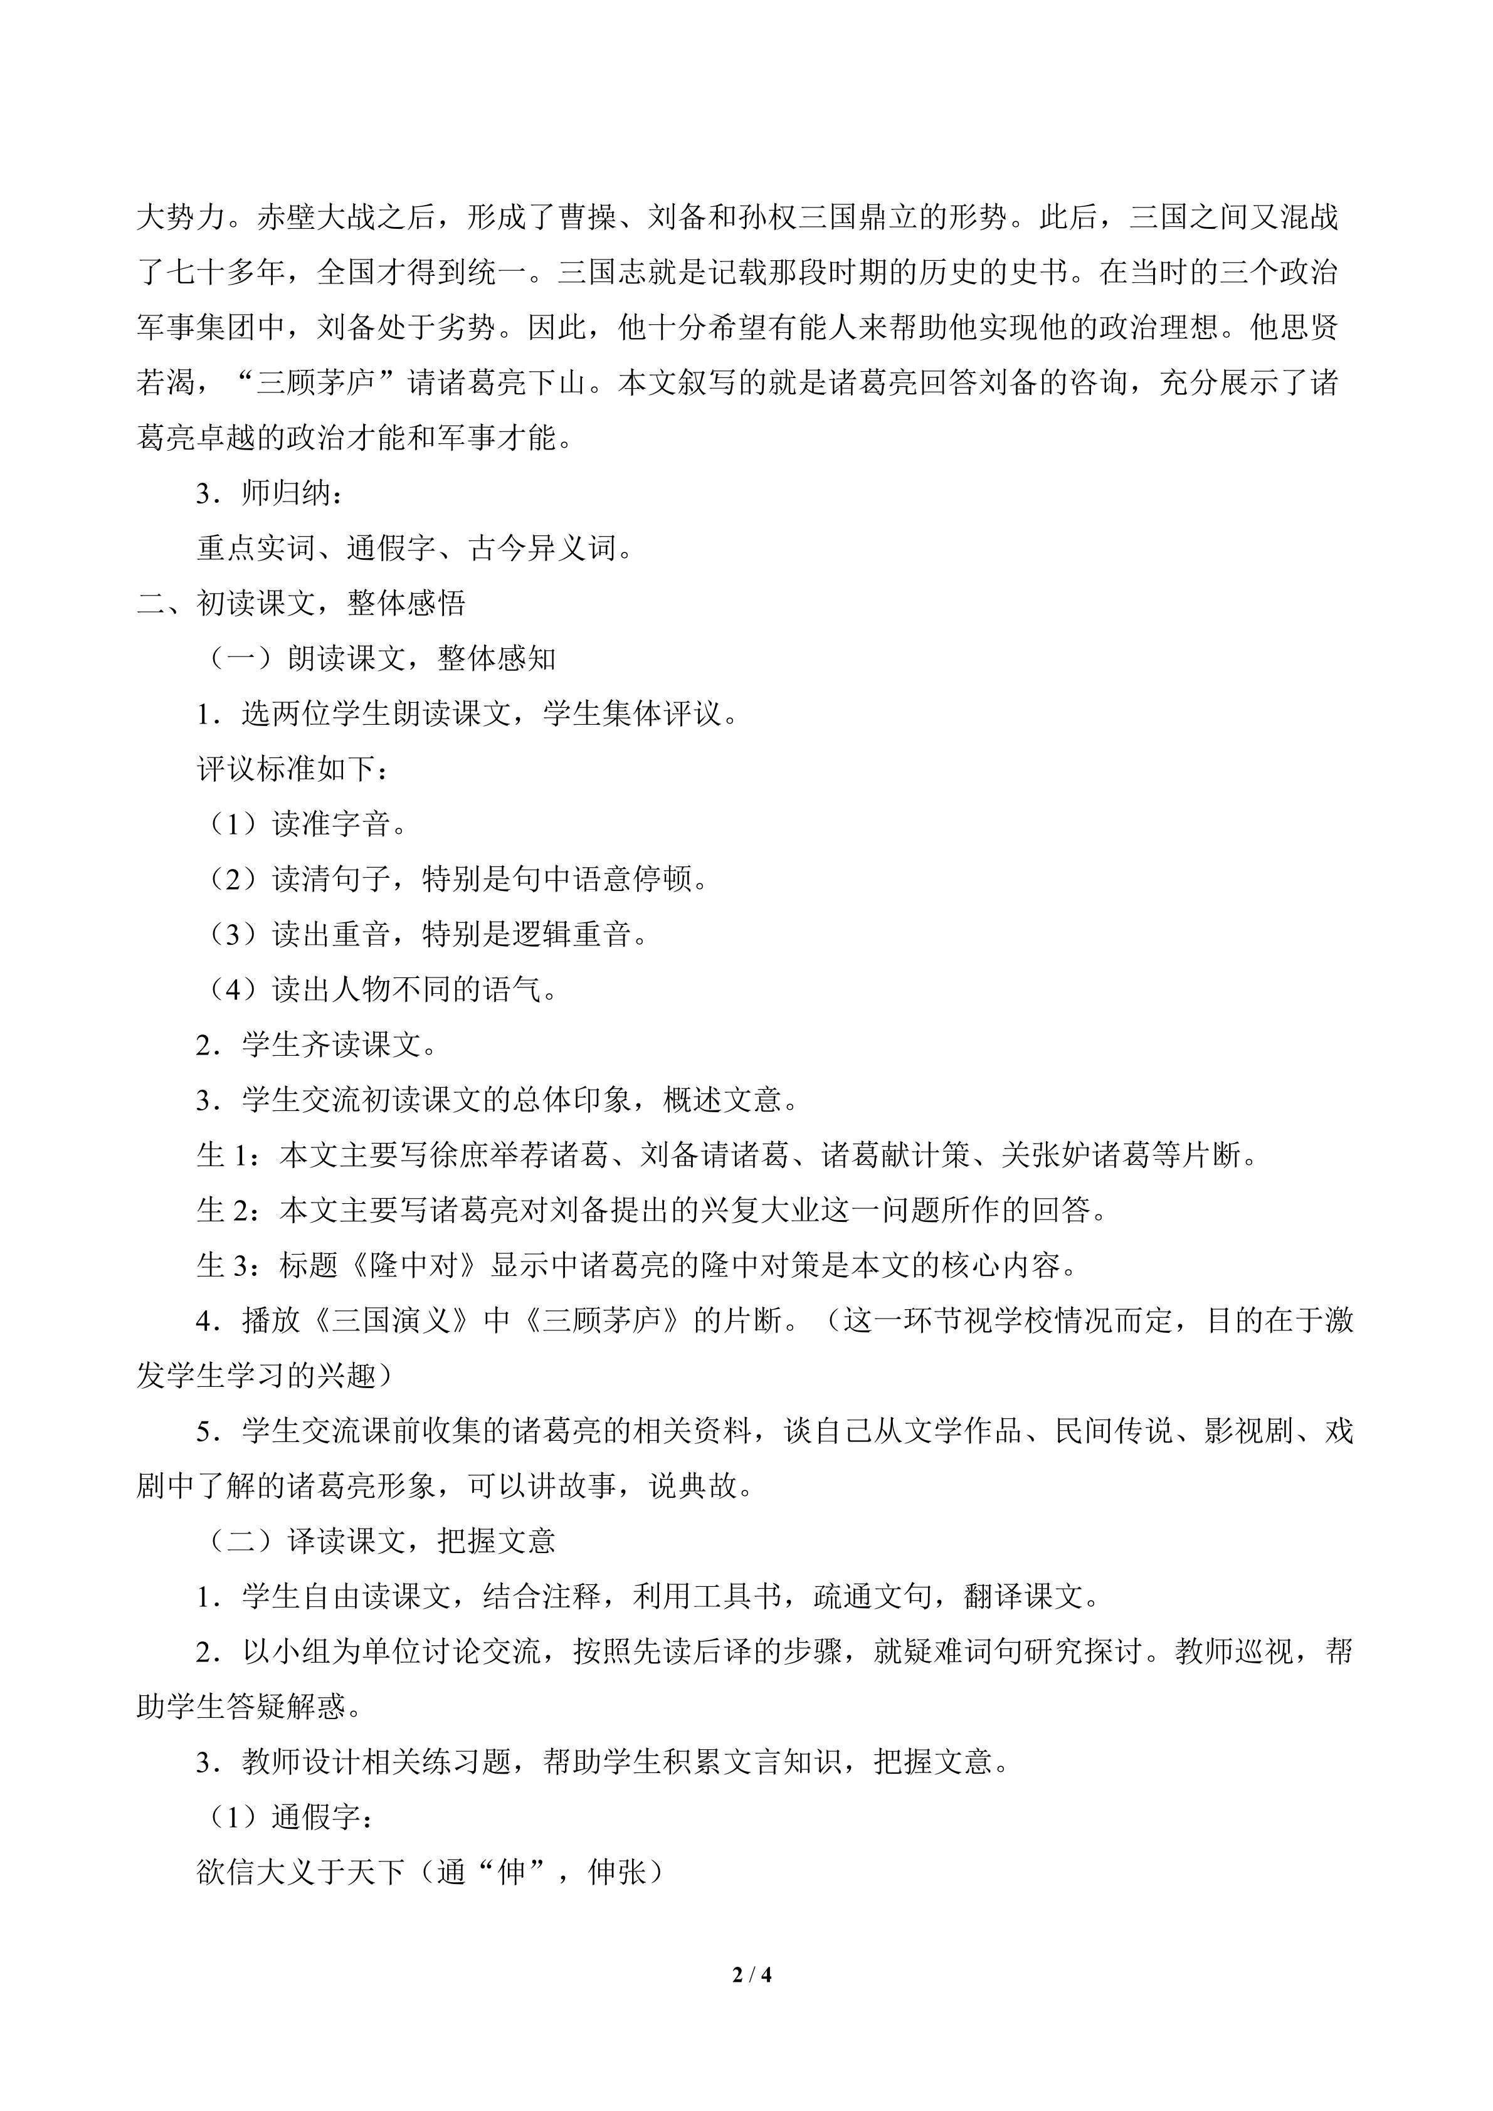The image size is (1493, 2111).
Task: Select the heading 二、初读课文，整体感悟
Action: [x=302, y=603]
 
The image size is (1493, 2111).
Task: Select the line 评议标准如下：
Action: [x=292, y=769]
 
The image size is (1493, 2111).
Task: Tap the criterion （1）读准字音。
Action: [x=303, y=824]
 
